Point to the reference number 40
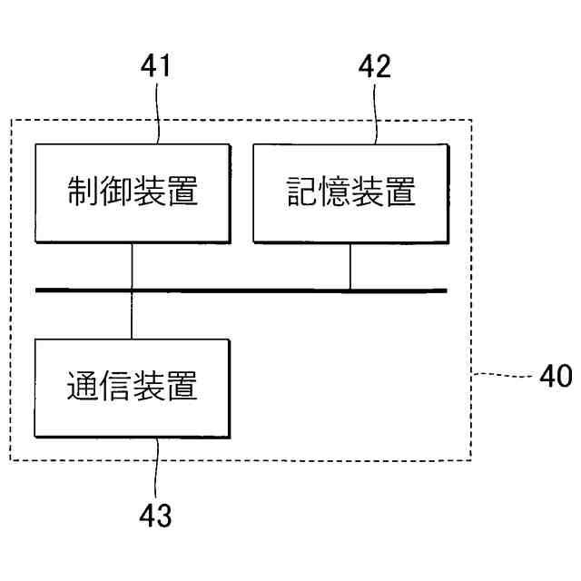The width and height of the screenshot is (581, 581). [x=556, y=375]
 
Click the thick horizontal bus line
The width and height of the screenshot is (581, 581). [x=272, y=290]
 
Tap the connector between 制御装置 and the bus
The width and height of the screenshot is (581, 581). [x=133, y=265]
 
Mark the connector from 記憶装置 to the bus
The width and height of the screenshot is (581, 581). [x=350, y=266]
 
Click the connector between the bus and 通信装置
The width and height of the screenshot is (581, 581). [x=133, y=315]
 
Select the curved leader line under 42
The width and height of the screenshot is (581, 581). [x=373, y=113]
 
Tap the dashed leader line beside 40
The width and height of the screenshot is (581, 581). [x=504, y=374]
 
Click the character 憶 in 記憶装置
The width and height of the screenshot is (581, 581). [x=333, y=192]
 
